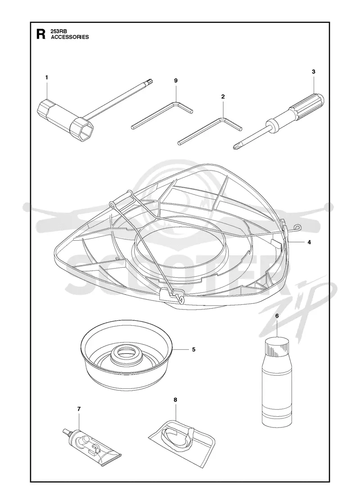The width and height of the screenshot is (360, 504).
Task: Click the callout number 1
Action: coord(47,77)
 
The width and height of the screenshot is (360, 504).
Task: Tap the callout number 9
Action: coord(176,81)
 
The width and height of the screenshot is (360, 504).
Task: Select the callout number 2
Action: coord(223,96)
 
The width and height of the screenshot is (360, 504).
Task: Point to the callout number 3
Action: coord(313,72)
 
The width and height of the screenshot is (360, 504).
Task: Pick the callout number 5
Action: coord(193,349)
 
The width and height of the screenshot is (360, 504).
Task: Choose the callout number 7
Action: coord(79,409)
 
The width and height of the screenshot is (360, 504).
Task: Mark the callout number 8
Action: coord(175,400)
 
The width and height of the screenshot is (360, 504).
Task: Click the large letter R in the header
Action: coord(41,34)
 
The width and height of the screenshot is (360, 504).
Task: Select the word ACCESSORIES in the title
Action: coord(70,37)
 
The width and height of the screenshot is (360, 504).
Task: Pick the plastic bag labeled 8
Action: coord(182,439)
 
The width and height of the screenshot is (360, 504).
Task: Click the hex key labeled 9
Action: coord(162,115)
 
